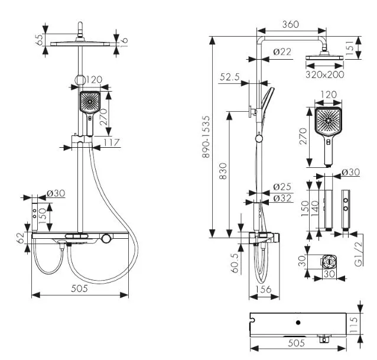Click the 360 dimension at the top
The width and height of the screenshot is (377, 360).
(x=290, y=24)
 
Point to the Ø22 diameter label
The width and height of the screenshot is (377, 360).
(x=283, y=53)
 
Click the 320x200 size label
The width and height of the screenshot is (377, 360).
(x=325, y=75)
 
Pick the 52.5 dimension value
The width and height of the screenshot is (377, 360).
(x=230, y=77)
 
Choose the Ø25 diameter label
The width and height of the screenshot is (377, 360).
(x=283, y=187)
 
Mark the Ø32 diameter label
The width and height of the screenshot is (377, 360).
(x=283, y=199)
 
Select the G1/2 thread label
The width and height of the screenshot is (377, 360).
(x=358, y=252)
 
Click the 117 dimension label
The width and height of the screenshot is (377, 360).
(x=111, y=142)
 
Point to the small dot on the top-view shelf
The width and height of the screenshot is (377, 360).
(x=298, y=323)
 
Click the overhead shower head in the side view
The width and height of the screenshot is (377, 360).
(x=324, y=60)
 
